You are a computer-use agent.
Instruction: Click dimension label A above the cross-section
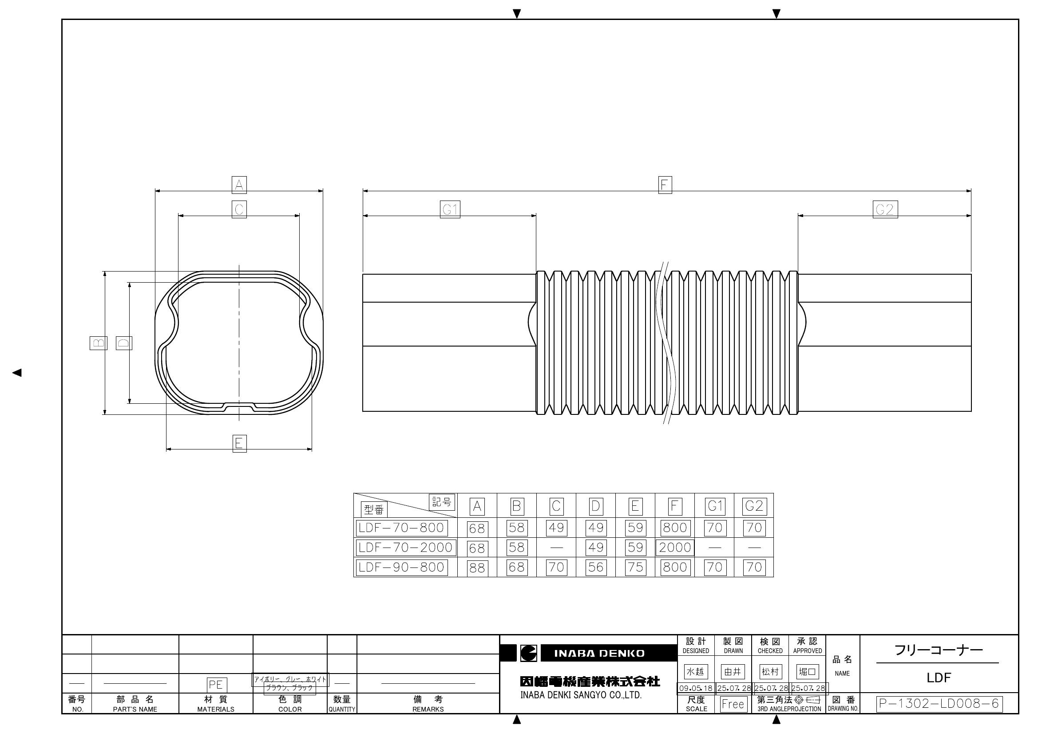click(x=239, y=185)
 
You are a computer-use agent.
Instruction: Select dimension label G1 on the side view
click(x=450, y=210)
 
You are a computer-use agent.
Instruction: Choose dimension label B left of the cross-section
click(x=98, y=343)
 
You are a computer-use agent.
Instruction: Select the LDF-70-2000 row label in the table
click(x=405, y=547)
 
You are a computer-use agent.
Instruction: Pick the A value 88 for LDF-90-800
click(x=477, y=567)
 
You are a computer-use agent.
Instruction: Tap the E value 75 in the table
click(x=635, y=567)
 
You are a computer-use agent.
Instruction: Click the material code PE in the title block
click(x=216, y=685)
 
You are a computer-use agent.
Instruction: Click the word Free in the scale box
click(x=733, y=704)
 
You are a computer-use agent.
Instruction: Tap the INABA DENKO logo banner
click(x=599, y=653)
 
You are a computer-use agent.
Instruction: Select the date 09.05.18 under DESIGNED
click(x=695, y=688)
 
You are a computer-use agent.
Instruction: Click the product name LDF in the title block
click(x=939, y=678)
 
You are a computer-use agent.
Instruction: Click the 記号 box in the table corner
click(x=442, y=502)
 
